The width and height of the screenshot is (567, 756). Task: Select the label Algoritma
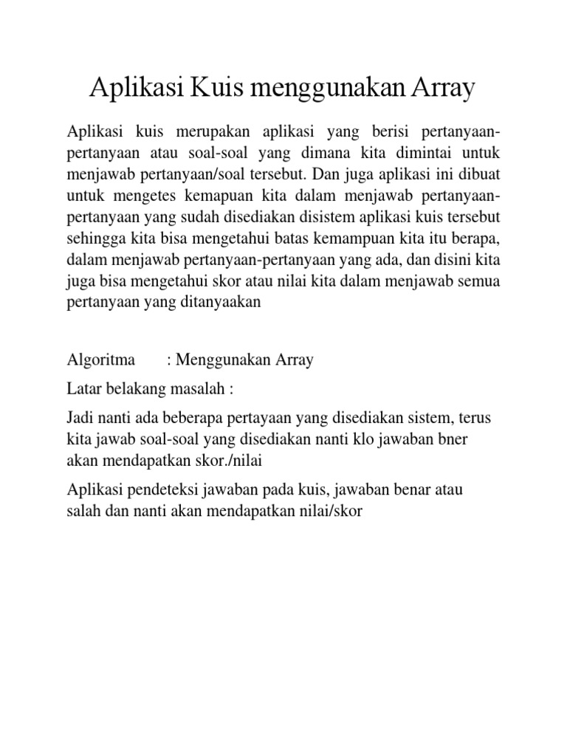click(x=101, y=360)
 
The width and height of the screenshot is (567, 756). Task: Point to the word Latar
click(x=83, y=389)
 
